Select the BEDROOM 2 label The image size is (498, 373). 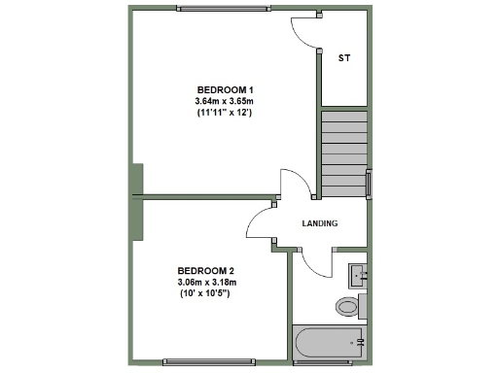tap(205, 270)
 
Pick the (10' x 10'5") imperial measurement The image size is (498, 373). tap(205, 293)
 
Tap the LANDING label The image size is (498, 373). tap(320, 223)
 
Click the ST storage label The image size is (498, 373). tap(343, 58)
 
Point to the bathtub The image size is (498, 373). tap(329, 342)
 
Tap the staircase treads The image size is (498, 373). tap(344, 151)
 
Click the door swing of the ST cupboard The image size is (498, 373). tap(305, 34)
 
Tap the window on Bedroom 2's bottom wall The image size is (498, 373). tap(205, 362)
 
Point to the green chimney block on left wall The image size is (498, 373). tap(137, 180)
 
